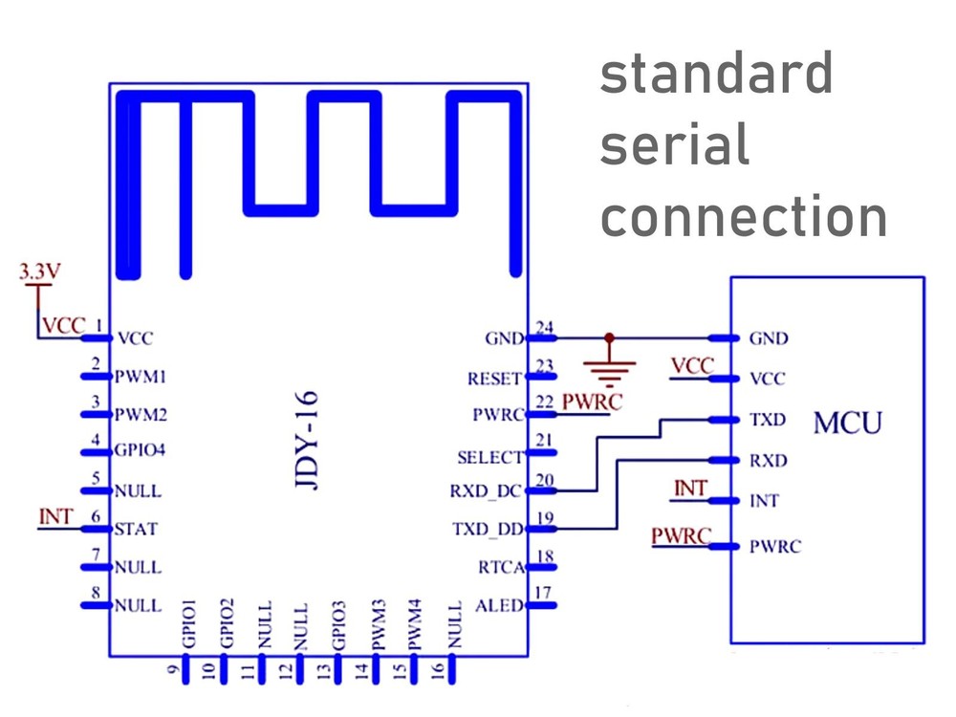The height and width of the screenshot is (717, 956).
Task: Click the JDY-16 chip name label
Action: pyautogui.click(x=308, y=440)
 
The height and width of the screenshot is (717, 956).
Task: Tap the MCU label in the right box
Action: pyautogui.click(x=847, y=422)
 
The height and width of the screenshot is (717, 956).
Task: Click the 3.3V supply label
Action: pyautogui.click(x=39, y=271)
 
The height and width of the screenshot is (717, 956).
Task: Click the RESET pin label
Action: pyautogui.click(x=494, y=379)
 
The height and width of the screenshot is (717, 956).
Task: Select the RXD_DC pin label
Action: pyautogui.click(x=487, y=492)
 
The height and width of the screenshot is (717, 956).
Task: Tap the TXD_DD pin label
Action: pyautogui.click(x=488, y=529)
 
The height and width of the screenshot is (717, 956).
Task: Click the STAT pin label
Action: pyautogui.click(x=136, y=528)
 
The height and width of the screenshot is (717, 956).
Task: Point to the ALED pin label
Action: pyautogui.click(x=499, y=604)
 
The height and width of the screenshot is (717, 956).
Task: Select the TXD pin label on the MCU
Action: pyautogui.click(x=768, y=420)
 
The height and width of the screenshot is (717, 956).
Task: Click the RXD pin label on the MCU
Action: pyautogui.click(x=768, y=461)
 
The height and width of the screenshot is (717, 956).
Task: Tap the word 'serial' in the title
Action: pyautogui.click(x=674, y=146)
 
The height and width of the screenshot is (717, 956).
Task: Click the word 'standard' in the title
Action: pyautogui.click(x=716, y=75)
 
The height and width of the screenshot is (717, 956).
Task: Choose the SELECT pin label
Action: pyautogui.click(x=490, y=457)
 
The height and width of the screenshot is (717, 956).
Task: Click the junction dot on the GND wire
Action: pyautogui.click(x=608, y=337)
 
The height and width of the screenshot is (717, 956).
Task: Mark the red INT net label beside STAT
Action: pyautogui.click(x=55, y=516)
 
